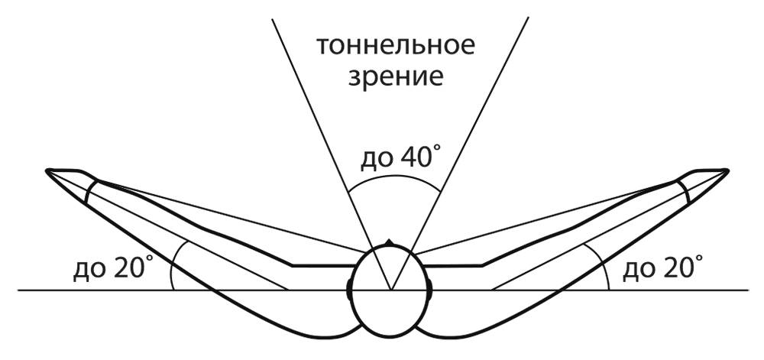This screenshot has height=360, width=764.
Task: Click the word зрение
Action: [x=395, y=77]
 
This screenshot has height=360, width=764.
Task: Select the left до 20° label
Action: [x=110, y=268]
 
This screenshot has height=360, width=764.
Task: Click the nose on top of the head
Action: [x=388, y=242]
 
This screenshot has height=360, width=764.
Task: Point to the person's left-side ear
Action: [x=349, y=290]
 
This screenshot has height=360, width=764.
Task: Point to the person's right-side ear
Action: [x=429, y=290]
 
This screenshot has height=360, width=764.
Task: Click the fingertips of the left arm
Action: [x=47, y=170]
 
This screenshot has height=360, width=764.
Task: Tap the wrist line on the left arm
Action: [x=91, y=191]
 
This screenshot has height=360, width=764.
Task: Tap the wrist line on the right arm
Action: [x=685, y=191]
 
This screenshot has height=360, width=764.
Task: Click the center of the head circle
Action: [x=390, y=290]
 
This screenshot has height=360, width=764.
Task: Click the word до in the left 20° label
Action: [x=89, y=271]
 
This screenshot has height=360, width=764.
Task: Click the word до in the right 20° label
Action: [x=639, y=271]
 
